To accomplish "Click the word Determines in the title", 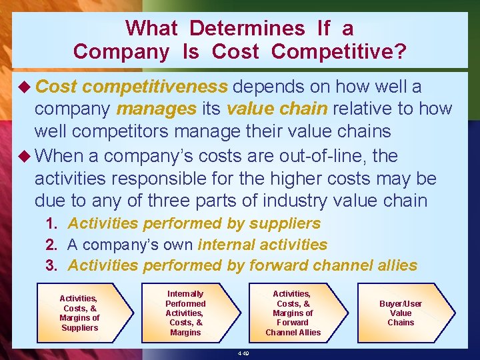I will point(247,28).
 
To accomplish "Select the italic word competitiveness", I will point(157,87).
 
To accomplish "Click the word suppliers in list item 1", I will point(286,224).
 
